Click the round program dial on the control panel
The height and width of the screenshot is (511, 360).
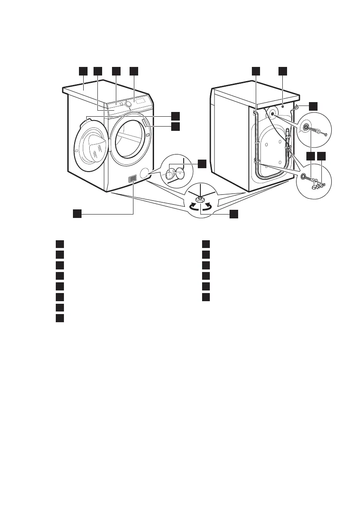coord(128,104)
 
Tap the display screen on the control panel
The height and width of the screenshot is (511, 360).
coord(140,101)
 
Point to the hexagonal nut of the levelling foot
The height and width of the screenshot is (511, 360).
coord(200,199)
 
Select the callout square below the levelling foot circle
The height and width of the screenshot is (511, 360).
coord(233,214)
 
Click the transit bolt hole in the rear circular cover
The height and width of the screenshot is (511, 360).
coord(272,114)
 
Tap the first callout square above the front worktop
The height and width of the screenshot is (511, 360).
coord(83,71)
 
